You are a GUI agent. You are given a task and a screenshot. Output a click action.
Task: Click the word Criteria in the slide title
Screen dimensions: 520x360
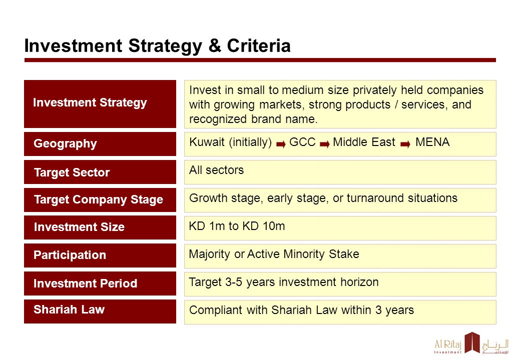click(x=259, y=45)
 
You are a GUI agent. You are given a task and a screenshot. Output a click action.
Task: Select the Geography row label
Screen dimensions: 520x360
click(x=66, y=143)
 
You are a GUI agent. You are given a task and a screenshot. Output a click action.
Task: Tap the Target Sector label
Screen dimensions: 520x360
click(x=72, y=172)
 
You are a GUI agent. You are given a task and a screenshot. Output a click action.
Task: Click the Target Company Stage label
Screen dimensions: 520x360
click(x=99, y=199)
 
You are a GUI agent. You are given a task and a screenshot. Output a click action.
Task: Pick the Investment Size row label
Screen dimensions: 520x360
click(x=79, y=227)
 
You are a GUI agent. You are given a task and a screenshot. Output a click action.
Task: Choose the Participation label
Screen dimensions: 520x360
click(x=70, y=255)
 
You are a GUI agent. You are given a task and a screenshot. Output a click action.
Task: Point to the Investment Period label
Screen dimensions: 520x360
click(x=85, y=283)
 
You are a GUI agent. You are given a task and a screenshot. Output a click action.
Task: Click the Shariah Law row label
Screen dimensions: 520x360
click(x=69, y=309)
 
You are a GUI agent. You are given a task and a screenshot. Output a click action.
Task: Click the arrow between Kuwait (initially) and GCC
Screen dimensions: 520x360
click(x=281, y=144)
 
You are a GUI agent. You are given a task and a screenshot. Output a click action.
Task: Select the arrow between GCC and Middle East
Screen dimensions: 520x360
click(x=325, y=144)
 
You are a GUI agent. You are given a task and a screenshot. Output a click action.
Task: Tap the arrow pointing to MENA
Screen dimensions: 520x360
click(x=405, y=144)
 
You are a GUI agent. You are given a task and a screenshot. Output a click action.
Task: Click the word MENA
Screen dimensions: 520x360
click(x=432, y=142)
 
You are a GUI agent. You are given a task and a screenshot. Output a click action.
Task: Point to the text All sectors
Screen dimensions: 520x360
click(x=216, y=170)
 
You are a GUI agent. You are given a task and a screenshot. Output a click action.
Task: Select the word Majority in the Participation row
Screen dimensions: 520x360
click(x=210, y=254)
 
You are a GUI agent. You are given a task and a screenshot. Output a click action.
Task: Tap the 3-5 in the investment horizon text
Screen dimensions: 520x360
click(x=234, y=282)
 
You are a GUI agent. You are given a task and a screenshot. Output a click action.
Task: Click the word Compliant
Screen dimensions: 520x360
click(x=216, y=310)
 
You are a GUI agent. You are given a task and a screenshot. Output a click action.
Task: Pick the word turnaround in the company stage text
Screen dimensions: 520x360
click(x=375, y=198)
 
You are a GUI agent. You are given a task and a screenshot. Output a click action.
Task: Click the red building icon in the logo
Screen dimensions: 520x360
click(x=472, y=342)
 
